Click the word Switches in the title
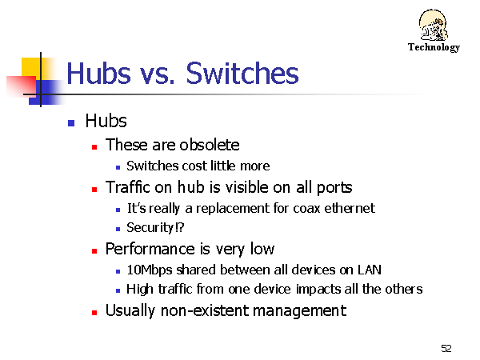pos(242,74)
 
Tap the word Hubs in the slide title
pos(98,73)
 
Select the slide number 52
pos(446,348)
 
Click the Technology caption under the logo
pos(434,47)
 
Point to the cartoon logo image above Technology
pos(433,25)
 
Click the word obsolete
pos(210,145)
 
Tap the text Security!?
pos(155,227)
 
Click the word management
pos(300,311)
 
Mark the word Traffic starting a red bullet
pos(128,186)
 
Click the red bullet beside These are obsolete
pos(94,147)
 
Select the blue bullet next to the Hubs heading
pos(71,123)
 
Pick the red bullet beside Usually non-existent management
pos(94,313)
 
